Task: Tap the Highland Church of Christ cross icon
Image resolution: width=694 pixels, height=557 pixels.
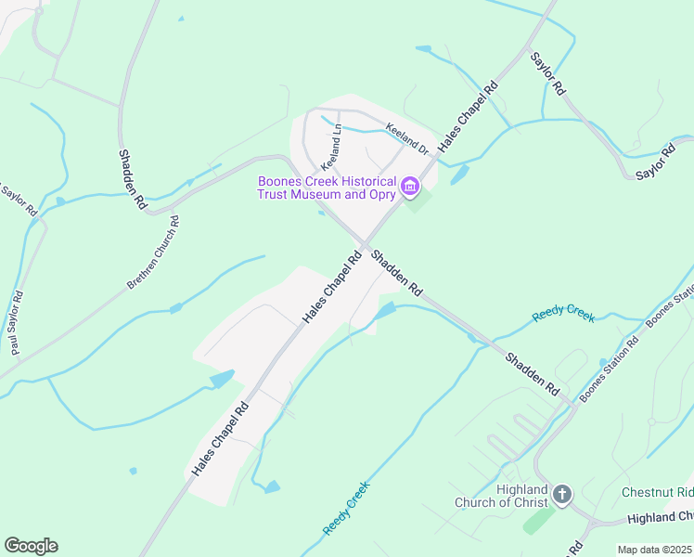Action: [562, 495]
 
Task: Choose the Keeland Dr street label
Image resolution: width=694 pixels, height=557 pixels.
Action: [408, 141]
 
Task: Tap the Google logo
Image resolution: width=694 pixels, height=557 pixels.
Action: [31, 546]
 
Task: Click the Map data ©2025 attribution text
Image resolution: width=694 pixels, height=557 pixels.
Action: [654, 550]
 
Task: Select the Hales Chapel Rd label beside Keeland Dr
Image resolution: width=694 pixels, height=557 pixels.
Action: [469, 116]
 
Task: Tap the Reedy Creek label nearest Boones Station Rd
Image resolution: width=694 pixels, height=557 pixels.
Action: [563, 316]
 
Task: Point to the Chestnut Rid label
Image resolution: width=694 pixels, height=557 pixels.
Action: [658, 491]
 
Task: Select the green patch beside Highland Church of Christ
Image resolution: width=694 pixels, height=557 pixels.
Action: [538, 520]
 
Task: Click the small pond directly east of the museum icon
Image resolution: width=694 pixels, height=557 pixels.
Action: [459, 175]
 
